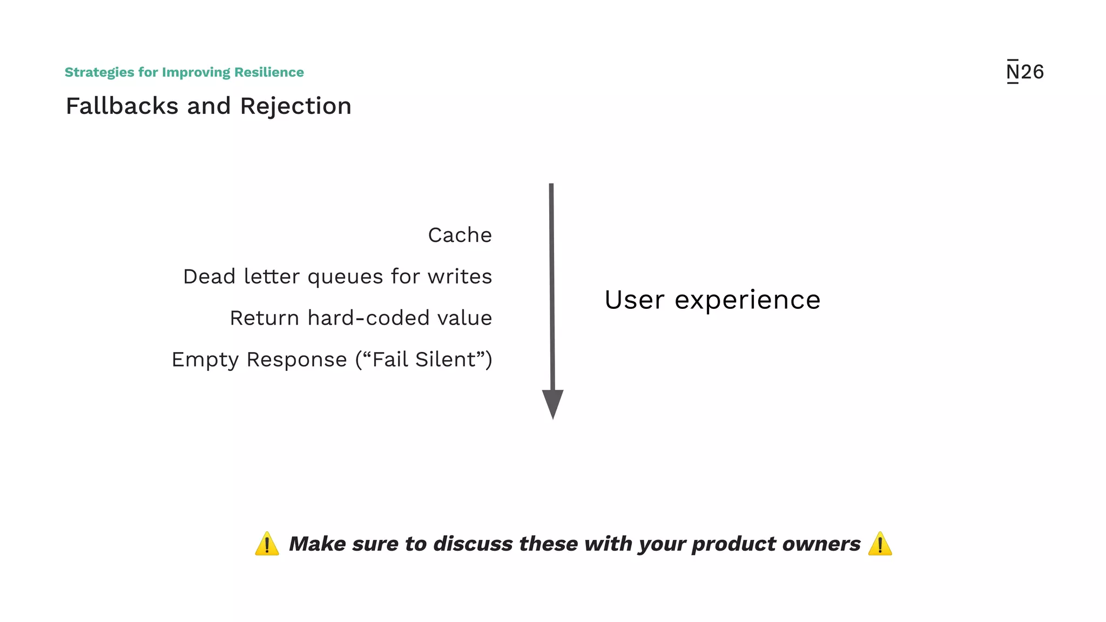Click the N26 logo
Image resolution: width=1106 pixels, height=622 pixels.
1025,72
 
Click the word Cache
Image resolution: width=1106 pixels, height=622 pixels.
460,235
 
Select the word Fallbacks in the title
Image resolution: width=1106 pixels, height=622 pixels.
122,106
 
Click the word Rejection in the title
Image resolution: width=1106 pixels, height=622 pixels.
296,106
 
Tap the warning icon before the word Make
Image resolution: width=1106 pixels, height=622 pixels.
267,544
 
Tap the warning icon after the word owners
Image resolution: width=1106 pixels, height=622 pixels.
880,544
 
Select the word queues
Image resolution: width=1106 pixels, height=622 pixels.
346,277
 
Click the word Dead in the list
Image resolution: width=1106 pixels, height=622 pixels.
209,276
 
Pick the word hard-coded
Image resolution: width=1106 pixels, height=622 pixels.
369,318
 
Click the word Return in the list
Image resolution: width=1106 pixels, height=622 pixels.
265,318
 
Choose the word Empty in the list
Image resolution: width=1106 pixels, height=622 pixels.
205,360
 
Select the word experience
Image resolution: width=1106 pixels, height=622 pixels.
747,301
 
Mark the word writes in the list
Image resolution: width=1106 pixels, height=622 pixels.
460,276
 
